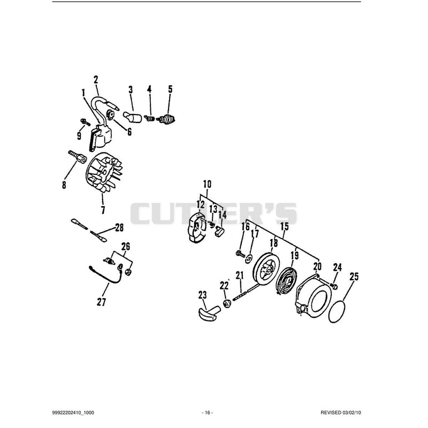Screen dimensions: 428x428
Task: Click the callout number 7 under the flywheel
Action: click(x=103, y=210)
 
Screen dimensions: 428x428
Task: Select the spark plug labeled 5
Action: click(x=167, y=119)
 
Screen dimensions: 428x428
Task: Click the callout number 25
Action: click(x=354, y=277)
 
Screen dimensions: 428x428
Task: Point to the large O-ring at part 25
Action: click(x=329, y=311)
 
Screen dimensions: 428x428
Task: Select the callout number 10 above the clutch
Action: click(x=207, y=184)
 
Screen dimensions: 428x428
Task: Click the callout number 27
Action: click(x=101, y=302)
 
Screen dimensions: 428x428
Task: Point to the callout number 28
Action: click(x=119, y=227)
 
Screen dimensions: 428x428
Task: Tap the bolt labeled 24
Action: click(x=334, y=286)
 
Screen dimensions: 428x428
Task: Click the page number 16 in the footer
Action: click(x=208, y=412)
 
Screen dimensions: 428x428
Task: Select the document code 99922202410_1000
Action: click(x=73, y=412)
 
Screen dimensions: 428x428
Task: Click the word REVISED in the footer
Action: click(x=331, y=412)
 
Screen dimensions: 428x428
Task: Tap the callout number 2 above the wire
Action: click(x=96, y=80)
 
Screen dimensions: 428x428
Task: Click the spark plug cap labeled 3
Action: click(x=132, y=118)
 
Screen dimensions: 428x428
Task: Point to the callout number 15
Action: click(x=285, y=226)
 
